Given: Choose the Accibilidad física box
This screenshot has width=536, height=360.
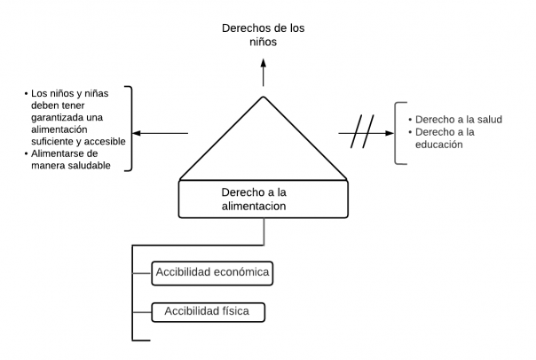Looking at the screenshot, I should point(208,312).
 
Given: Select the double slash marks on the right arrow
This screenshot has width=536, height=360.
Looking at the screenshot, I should point(362,135).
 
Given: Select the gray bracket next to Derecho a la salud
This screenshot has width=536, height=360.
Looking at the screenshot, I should point(399,133).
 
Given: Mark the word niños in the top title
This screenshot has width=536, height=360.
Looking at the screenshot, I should point(263,43).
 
